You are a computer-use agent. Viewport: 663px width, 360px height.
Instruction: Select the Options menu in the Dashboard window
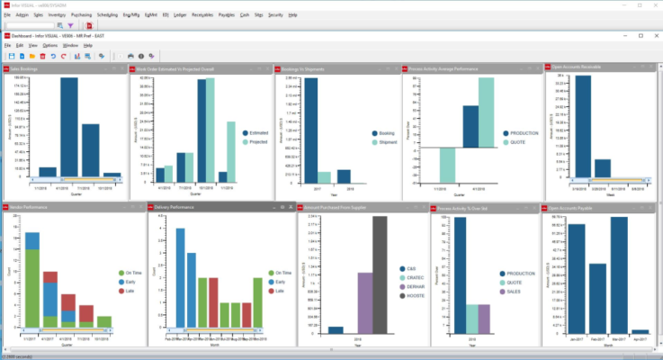(x=49, y=44)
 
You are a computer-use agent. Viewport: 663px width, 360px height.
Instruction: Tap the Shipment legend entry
(x=387, y=142)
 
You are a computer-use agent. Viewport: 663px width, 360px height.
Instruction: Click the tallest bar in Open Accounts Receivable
(x=583, y=126)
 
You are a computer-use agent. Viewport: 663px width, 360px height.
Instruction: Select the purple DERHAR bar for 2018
(x=364, y=302)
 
